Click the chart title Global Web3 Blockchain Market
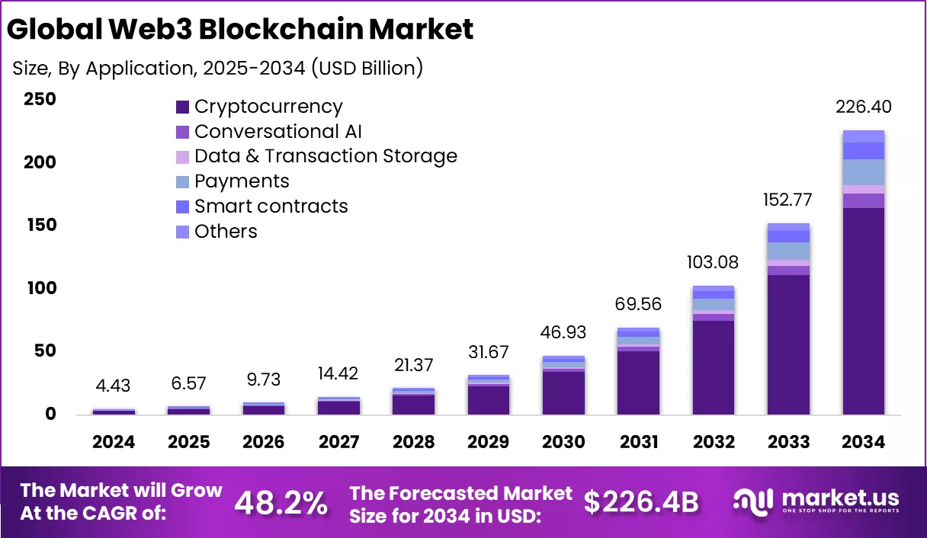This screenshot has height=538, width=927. [x=240, y=29]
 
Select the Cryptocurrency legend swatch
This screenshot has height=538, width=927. [x=182, y=107]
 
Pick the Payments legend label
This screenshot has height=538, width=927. [x=242, y=181]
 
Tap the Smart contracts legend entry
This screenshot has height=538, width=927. [x=271, y=207]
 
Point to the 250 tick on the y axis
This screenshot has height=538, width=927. [x=40, y=100]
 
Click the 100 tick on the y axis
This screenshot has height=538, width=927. [x=40, y=288]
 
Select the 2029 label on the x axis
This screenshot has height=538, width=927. [x=489, y=442]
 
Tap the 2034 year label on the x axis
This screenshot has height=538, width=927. [x=864, y=442]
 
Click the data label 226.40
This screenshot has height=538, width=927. [x=864, y=107]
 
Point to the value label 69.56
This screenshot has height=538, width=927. [x=638, y=305]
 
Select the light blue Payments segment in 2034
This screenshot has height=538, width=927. [x=864, y=172]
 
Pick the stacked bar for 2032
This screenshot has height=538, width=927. [x=714, y=351]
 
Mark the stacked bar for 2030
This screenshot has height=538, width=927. [x=563, y=386]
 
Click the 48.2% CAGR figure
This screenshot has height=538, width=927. [x=281, y=502]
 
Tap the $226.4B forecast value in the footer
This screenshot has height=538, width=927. [x=641, y=502]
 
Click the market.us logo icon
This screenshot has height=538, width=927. [x=754, y=501]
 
